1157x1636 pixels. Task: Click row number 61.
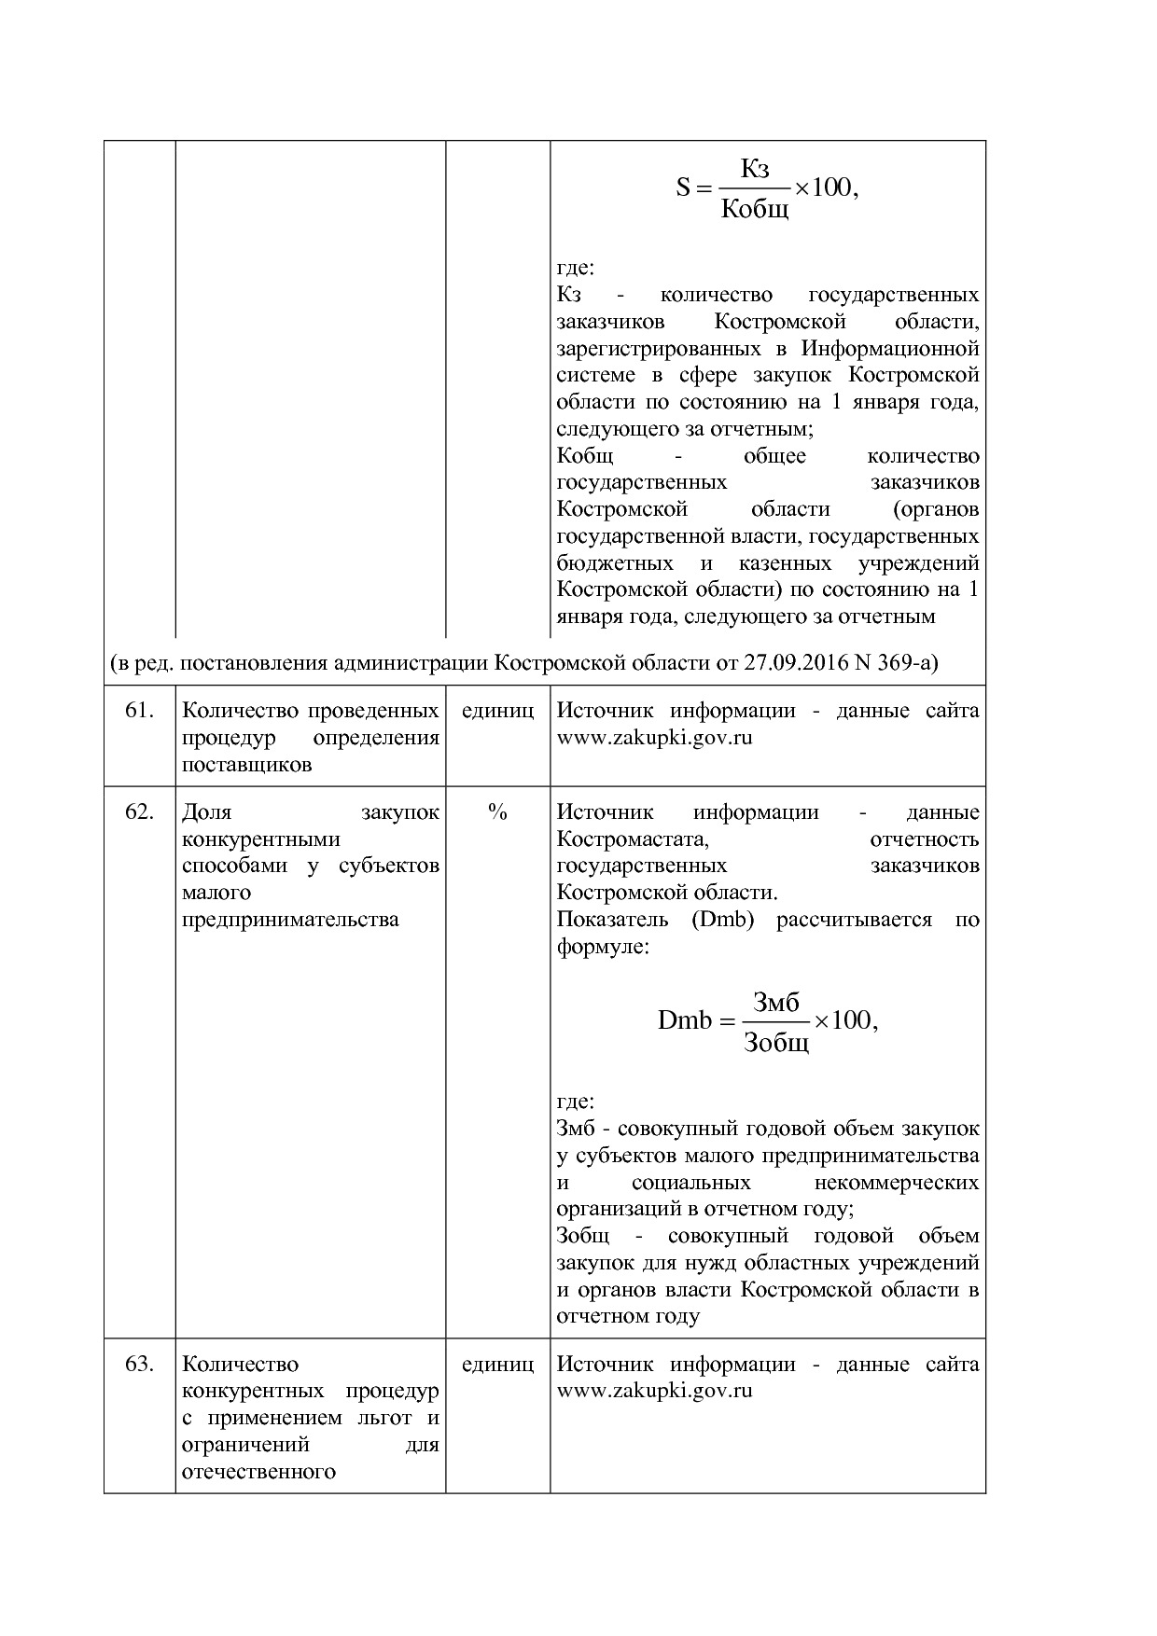pos(139,711)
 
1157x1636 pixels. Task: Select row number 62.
pos(139,812)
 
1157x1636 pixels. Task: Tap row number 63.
pos(139,1364)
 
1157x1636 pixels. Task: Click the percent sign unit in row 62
pos(497,812)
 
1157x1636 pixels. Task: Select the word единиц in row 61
pos(497,711)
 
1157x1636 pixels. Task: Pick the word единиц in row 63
pos(497,1364)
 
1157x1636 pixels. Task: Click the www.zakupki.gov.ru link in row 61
pos(654,738)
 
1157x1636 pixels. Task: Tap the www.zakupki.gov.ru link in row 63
pos(654,1391)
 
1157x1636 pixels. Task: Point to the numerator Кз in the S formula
pos(755,169)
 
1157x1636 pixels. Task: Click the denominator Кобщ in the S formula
pos(755,208)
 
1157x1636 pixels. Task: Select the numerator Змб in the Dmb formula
pos(776,1002)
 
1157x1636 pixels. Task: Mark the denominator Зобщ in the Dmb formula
pos(776,1042)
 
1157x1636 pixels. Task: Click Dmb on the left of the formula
pos(684,1020)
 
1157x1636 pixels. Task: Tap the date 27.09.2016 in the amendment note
pos(791,663)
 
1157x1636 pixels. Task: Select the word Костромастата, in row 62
pos(633,839)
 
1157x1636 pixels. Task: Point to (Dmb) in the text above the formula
pos(722,920)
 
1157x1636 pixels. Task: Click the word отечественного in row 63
pos(258,1472)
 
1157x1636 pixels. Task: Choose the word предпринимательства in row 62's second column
pos(290,920)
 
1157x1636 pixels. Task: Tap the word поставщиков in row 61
pos(246,765)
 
